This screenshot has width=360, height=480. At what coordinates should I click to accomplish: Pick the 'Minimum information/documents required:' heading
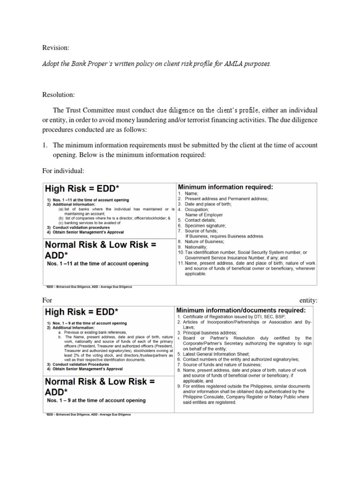(x=240, y=310)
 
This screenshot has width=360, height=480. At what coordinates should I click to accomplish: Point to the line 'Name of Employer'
(x=207, y=215)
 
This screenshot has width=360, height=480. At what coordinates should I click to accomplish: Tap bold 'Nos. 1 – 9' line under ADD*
(x=95, y=400)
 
